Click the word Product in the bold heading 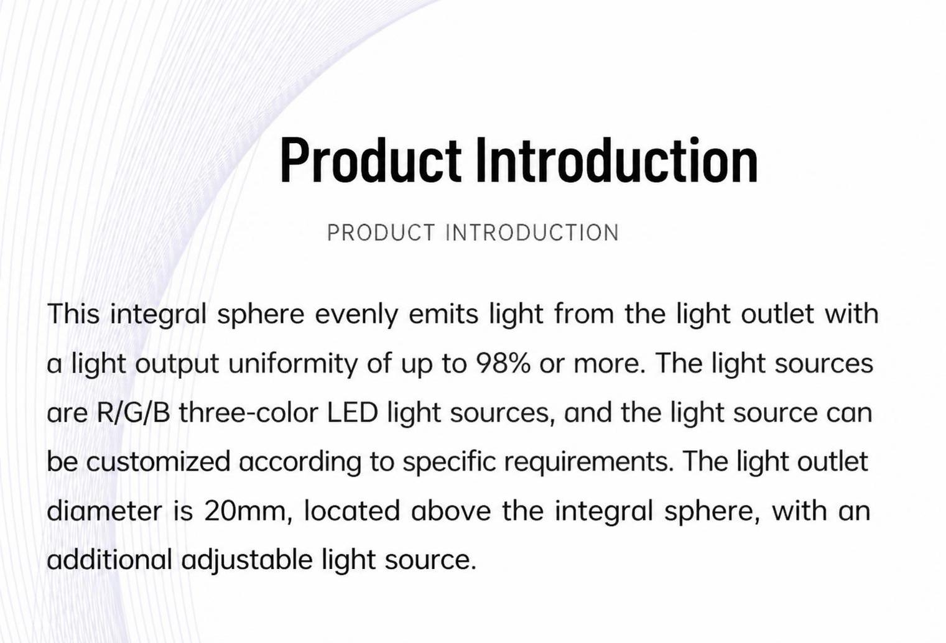pyautogui.click(x=371, y=160)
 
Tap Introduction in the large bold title pyautogui.click(x=617, y=160)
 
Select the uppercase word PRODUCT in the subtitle pyautogui.click(x=381, y=233)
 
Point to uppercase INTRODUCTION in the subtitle pyautogui.click(x=532, y=233)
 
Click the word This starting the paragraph pyautogui.click(x=73, y=314)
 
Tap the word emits pyautogui.click(x=443, y=314)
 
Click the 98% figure pyautogui.click(x=503, y=363)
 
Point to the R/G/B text pyautogui.click(x=134, y=412)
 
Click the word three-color pyautogui.click(x=249, y=412)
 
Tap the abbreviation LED pyautogui.click(x=352, y=412)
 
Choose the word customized pyautogui.click(x=159, y=461)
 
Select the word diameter pyautogui.click(x=104, y=511)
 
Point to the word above pyautogui.click(x=451, y=511)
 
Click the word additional pyautogui.click(x=109, y=560)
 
